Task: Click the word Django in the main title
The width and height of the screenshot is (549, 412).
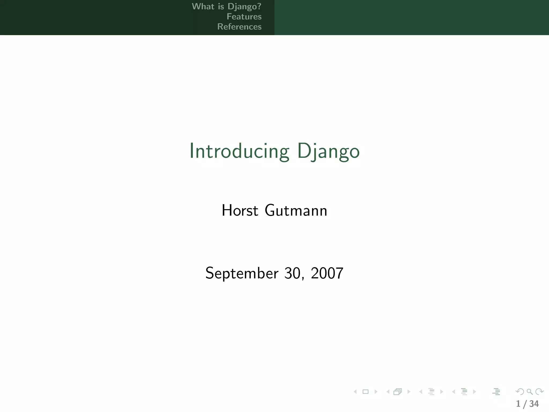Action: click(328, 151)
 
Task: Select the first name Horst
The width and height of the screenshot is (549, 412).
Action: click(240, 210)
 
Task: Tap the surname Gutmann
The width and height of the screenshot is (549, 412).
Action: click(296, 210)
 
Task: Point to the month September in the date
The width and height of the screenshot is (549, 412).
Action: click(242, 273)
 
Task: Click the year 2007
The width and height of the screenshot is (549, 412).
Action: click(327, 273)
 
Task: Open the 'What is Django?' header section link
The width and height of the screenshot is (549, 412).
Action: click(227, 6)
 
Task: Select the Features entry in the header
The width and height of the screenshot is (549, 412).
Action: click(244, 17)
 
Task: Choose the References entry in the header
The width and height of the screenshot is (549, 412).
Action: click(239, 27)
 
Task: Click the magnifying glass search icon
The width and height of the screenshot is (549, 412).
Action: click(529, 392)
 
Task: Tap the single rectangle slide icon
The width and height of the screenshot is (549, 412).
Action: click(365, 392)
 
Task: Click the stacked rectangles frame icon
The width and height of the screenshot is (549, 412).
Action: click(398, 392)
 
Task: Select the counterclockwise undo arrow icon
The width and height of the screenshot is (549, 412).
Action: click(520, 392)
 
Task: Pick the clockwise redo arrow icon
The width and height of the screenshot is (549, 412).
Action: click(539, 392)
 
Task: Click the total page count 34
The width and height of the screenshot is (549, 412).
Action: click(534, 404)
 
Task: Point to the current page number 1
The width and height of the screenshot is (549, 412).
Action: click(518, 404)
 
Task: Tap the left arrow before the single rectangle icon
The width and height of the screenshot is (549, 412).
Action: click(355, 392)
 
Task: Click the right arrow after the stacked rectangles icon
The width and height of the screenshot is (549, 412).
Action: click(409, 392)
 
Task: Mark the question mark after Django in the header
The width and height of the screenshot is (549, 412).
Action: click(259, 6)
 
